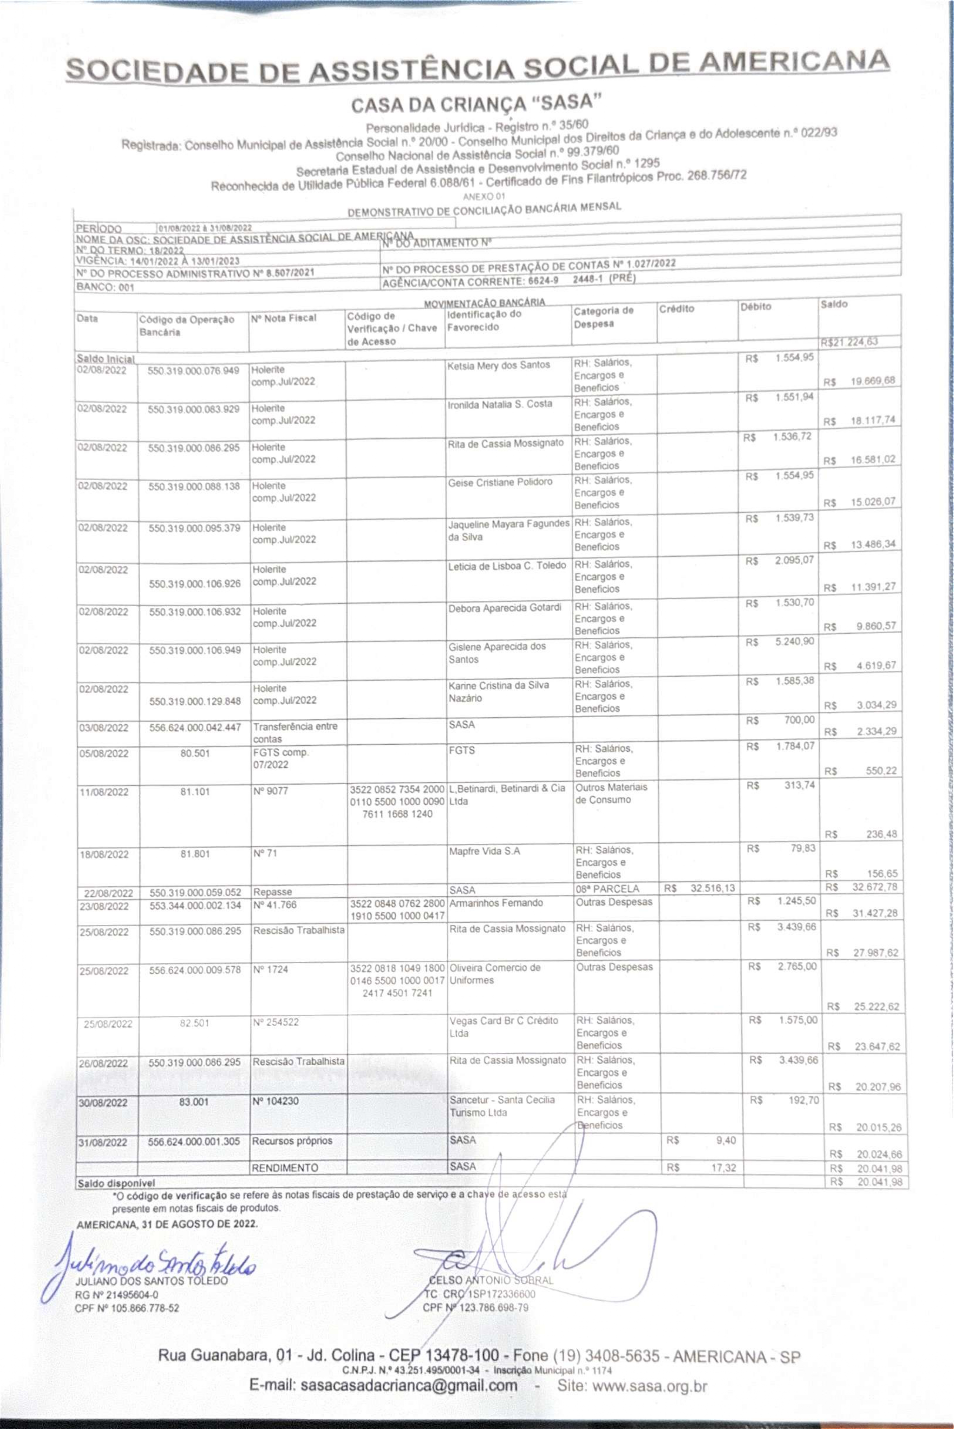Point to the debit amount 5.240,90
794,642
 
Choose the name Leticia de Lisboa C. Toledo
507,566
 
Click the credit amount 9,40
726,1141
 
